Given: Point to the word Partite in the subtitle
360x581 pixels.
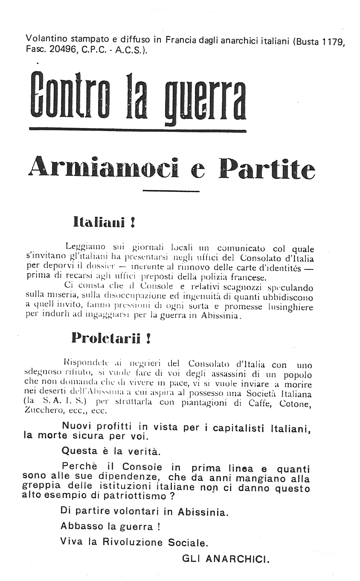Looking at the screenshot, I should click(267, 169).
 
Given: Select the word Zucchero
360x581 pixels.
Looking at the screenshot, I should click(42, 411).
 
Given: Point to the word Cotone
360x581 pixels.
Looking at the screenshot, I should click(293, 403).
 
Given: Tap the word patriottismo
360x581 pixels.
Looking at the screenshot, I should click(137, 496).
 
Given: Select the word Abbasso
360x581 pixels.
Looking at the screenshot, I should click(78, 527).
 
